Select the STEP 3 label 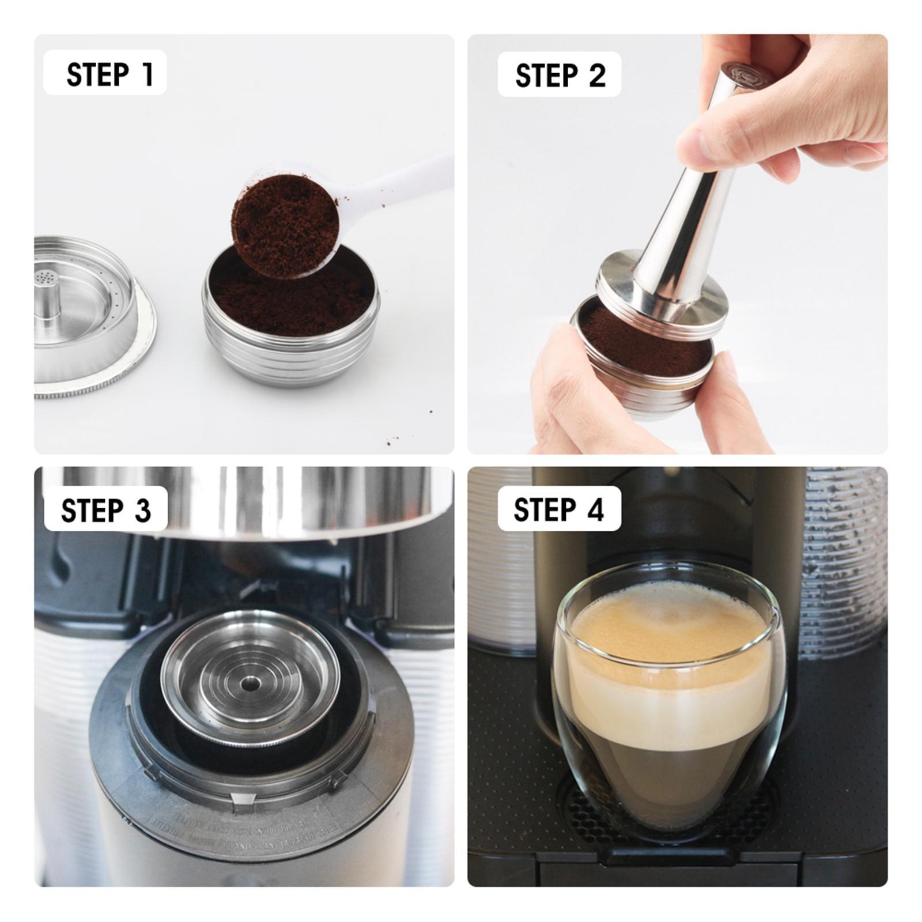click(105, 509)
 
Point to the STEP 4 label click(559, 509)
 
